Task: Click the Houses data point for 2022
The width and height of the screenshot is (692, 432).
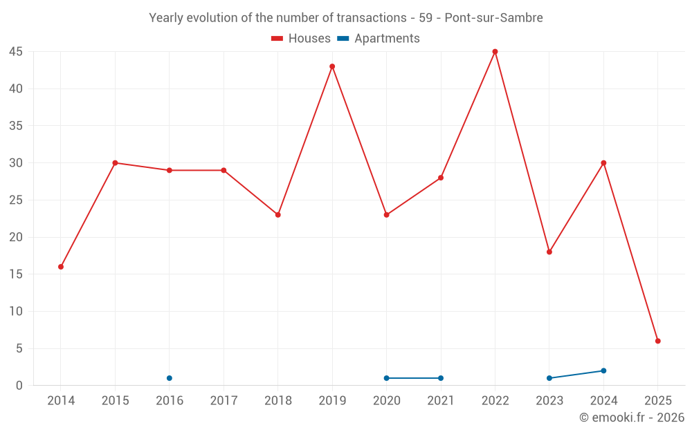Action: tap(495, 52)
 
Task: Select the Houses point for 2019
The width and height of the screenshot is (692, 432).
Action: tap(332, 66)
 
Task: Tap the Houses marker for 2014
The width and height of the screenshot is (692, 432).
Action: tap(61, 267)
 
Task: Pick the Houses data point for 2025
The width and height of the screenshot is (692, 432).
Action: tap(658, 341)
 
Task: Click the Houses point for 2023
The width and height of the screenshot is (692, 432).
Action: tap(549, 252)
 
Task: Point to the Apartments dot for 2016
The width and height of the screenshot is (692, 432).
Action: tap(170, 378)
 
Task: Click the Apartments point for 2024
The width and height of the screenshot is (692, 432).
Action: tap(603, 370)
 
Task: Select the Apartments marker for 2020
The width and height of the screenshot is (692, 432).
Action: tap(387, 378)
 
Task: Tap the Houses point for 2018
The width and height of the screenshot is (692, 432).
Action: tap(278, 215)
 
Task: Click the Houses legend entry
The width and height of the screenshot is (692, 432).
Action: tap(301, 39)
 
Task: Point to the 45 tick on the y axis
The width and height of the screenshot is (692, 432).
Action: tap(16, 52)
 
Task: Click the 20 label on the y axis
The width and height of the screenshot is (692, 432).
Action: tap(16, 237)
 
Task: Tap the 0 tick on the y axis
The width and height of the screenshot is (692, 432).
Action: tap(19, 386)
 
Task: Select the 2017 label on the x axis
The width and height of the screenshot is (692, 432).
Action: tap(224, 401)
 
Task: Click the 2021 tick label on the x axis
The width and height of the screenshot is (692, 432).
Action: tap(441, 401)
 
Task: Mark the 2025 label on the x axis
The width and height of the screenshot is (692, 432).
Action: tap(658, 401)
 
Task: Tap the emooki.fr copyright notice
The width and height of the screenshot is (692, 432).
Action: tap(632, 417)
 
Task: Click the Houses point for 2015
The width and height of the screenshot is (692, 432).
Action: tap(115, 163)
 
